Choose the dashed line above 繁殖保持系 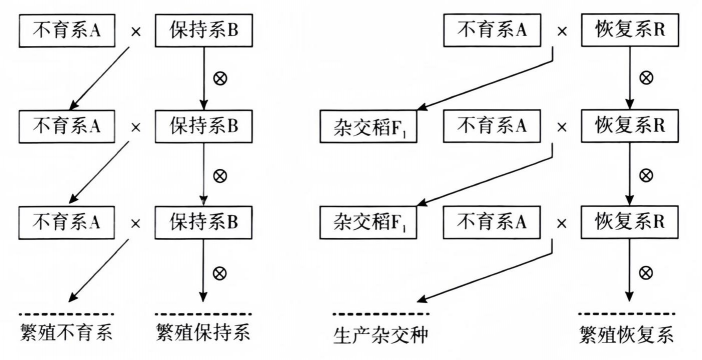tap(205, 313)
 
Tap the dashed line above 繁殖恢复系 tap(627, 313)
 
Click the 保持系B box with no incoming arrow tap(204, 35)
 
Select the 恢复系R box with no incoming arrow tap(627, 35)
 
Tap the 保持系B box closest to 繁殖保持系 tap(204, 219)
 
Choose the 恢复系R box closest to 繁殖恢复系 tap(627, 219)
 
